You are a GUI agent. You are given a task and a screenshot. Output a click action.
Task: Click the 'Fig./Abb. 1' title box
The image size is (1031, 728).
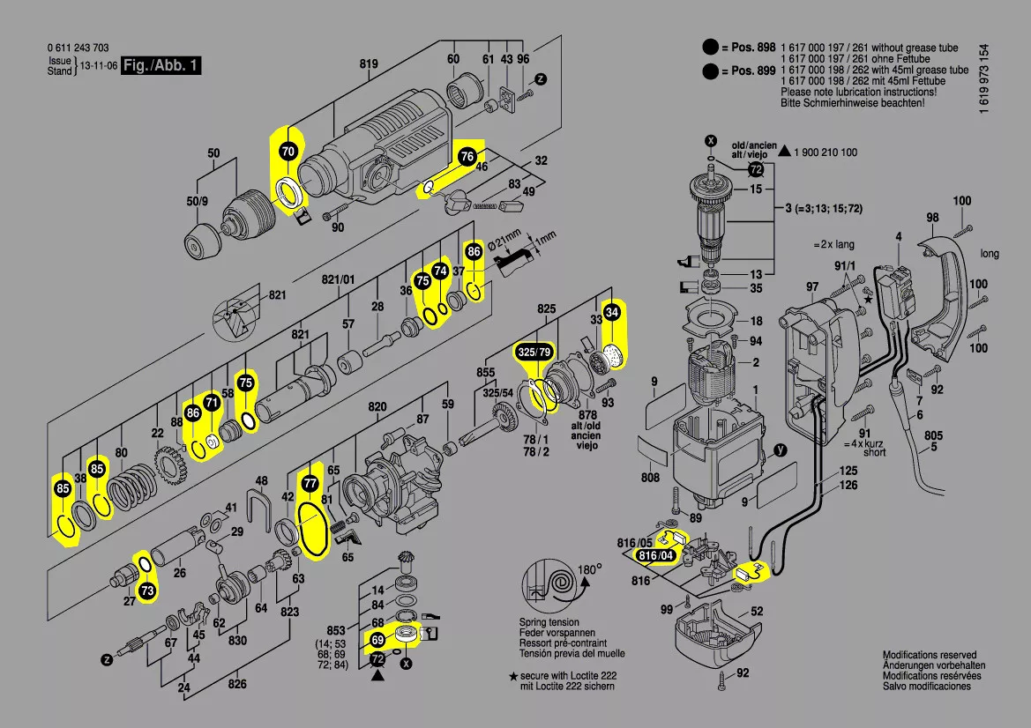[161, 66]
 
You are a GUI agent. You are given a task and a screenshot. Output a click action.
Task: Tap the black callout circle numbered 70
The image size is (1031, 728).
[288, 152]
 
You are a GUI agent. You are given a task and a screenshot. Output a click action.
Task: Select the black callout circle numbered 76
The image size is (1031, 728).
[467, 156]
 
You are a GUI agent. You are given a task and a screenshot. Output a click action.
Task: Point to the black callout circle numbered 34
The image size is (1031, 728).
[612, 312]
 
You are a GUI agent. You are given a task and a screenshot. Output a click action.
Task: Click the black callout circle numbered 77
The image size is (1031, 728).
[309, 484]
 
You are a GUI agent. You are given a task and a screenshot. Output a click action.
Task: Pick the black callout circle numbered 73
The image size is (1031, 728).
[146, 591]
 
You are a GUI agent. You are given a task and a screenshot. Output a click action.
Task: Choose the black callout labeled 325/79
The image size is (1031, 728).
[534, 353]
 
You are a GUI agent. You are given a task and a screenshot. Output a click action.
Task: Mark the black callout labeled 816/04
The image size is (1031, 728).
[655, 556]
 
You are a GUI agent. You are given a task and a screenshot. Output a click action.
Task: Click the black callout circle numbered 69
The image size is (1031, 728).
[377, 639]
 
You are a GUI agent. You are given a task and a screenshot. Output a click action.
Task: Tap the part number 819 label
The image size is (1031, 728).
[369, 63]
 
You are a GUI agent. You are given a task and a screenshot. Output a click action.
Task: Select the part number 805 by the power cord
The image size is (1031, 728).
[933, 435]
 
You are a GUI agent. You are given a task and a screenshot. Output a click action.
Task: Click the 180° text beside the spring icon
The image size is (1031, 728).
[589, 570]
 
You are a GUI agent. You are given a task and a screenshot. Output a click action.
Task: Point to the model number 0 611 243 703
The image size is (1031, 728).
[78, 48]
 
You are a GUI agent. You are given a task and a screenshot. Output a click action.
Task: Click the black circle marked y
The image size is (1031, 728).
[779, 450]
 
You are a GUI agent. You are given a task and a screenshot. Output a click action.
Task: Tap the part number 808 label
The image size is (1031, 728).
[650, 479]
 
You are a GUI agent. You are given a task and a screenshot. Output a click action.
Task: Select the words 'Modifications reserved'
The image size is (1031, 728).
[930, 655]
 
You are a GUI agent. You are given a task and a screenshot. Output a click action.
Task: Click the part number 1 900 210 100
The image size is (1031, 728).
[826, 152]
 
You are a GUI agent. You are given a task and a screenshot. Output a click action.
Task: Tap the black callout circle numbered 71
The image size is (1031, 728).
[211, 403]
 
